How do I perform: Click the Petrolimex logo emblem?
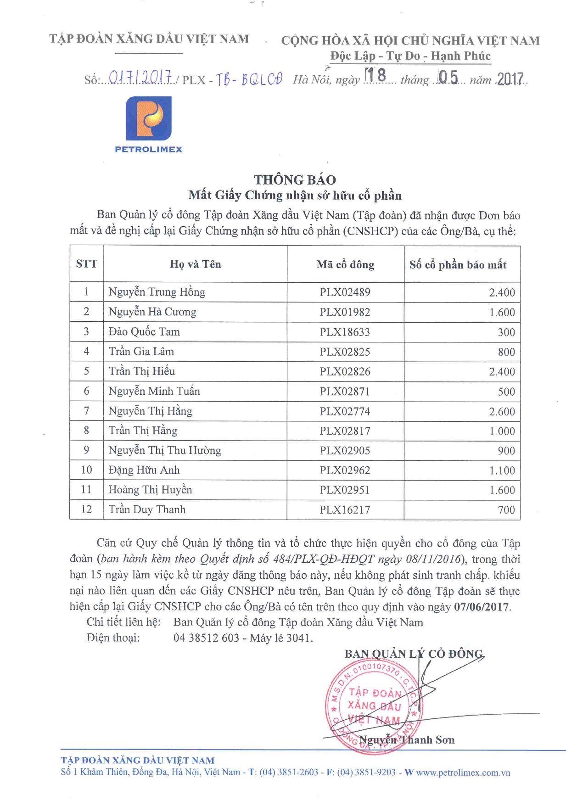pos(149,118)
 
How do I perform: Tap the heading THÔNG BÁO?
pos(295,179)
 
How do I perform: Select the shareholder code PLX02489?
pos(345,292)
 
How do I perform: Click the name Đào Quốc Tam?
pos(144,331)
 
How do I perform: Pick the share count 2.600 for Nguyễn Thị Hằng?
pos(502,411)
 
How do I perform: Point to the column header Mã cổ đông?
pos(345,264)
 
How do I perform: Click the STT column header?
pos(87,264)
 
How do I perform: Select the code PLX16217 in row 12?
pos(345,509)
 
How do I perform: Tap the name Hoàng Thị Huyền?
pos(150,490)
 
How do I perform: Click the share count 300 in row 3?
pos(506,332)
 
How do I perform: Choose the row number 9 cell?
pos(86,450)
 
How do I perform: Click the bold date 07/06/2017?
pos(482,607)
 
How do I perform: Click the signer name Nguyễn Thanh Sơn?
pos(407,739)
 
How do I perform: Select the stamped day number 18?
pos(375,75)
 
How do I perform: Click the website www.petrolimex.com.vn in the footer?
pos(463,772)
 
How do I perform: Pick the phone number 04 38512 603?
pos(206,638)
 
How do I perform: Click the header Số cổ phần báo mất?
pos(458,265)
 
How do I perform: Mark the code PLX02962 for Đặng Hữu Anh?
pos(345,470)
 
